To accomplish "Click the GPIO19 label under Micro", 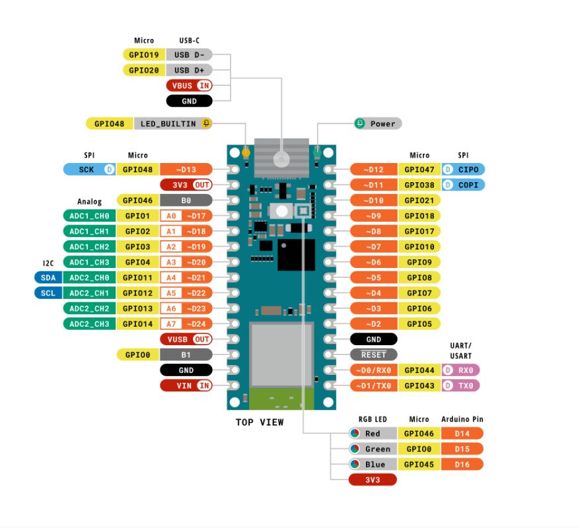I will pyautogui.click(x=143, y=55).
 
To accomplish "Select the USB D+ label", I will pyautogui.click(x=188, y=70).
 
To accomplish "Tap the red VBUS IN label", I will pyautogui.click(x=188, y=85).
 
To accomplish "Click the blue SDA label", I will pyautogui.click(x=48, y=277).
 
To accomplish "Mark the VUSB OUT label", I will pyautogui.click(x=186, y=339).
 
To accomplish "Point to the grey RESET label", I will pyautogui.click(x=374, y=354).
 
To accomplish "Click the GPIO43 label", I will pyautogui.click(x=419, y=385).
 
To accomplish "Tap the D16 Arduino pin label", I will pyautogui.click(x=462, y=465).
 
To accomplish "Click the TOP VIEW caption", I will pyautogui.click(x=260, y=422).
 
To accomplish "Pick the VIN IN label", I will pyautogui.click(x=186, y=385).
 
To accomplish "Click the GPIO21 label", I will pyautogui.click(x=419, y=200).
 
